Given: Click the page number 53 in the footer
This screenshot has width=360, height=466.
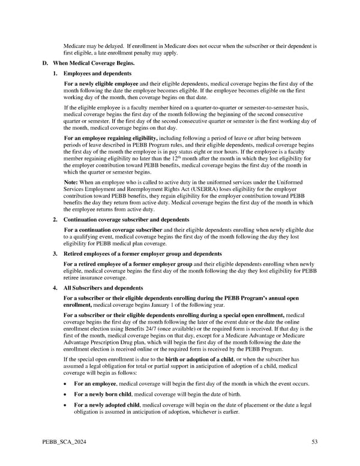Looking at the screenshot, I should click(314, 443).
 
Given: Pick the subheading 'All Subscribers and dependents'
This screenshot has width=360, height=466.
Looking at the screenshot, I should click(103, 288).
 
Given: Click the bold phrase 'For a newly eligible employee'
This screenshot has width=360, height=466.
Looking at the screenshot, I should click(101, 83).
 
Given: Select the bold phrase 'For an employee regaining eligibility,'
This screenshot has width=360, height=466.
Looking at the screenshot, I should click(110, 139).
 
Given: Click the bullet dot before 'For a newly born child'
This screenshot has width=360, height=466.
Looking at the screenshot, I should click(65, 394).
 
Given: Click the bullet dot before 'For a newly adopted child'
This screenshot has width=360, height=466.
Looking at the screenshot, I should click(65, 405).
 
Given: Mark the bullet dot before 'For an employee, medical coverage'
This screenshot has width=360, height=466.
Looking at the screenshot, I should click(65, 383).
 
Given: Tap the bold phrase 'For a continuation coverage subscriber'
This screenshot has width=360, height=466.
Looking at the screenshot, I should click(113, 231).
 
